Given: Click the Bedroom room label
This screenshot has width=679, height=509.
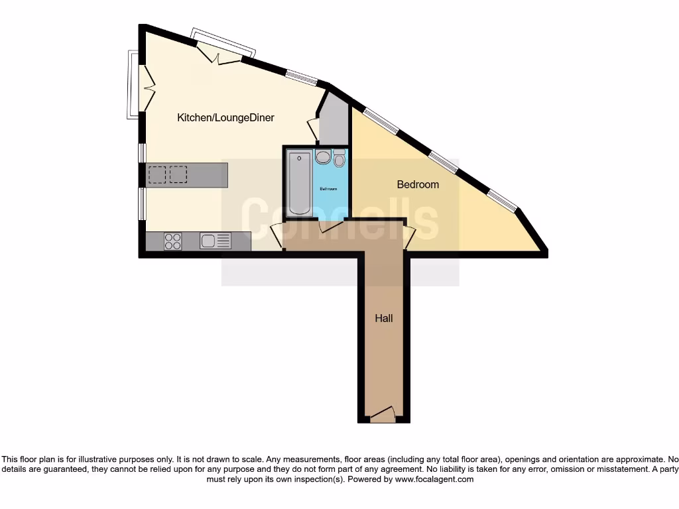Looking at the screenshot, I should click(418, 184).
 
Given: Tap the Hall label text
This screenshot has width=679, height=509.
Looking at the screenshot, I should click(384, 318).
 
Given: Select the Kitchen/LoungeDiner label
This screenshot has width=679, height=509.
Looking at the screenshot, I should click(225, 118).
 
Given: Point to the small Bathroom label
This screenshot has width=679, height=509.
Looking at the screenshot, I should click(329, 189).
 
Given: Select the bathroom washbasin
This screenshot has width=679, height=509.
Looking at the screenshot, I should click(323, 157).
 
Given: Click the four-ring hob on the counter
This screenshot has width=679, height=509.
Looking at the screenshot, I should click(173, 241).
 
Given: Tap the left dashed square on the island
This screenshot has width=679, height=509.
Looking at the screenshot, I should click(157, 174).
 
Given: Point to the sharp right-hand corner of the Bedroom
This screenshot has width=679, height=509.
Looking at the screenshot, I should click(544, 253).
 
